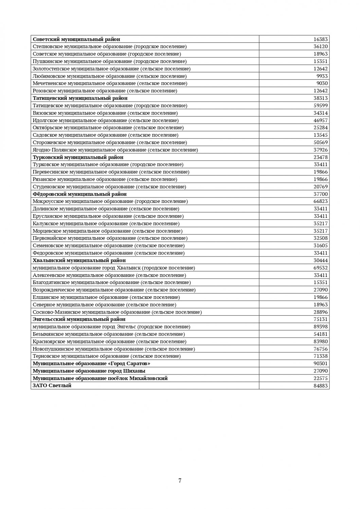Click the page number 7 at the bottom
click(x=180, y=480)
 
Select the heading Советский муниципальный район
click(x=76, y=39)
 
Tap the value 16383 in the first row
click(x=321, y=39)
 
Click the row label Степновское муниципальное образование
click(x=110, y=46)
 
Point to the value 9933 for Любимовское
click(x=322, y=76)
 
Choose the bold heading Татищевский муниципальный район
click(x=80, y=98)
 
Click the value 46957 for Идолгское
click(x=321, y=120)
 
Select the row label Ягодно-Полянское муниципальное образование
click(x=115, y=150)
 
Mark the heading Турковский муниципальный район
click(x=78, y=157)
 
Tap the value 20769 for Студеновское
click(x=321, y=187)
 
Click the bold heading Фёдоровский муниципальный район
click(x=80, y=194)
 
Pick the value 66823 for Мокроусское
click(x=321, y=201)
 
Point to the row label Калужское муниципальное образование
click(x=106, y=224)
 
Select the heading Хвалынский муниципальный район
click(x=79, y=260)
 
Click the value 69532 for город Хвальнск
click(x=321, y=268)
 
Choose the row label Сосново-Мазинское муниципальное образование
click(x=117, y=312)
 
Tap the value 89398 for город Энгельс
click(x=321, y=326)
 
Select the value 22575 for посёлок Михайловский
click(x=321, y=378)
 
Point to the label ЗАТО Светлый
click(x=52, y=385)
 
